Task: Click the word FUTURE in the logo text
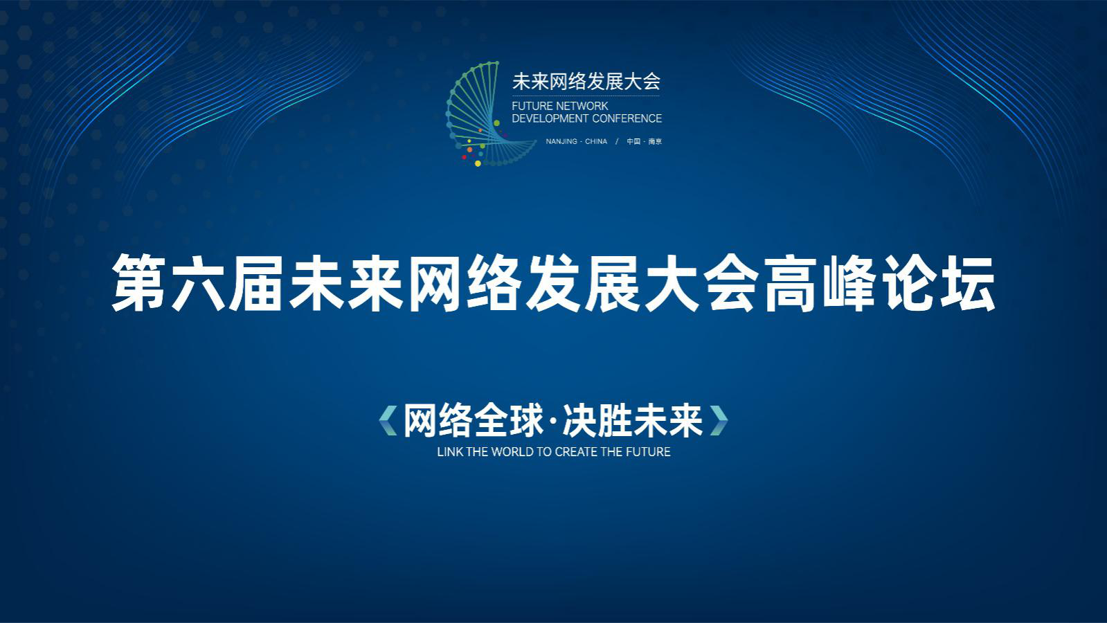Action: [x=528, y=106]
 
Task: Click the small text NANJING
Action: [x=561, y=141]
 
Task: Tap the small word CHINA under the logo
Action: [x=596, y=141]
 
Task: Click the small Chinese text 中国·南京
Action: [x=645, y=141]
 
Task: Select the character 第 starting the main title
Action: [x=139, y=283]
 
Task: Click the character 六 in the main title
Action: [x=198, y=283]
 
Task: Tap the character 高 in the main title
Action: [x=790, y=283]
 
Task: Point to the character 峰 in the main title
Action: [x=849, y=283]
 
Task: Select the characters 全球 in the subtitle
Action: [x=509, y=420]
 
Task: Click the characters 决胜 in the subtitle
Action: [x=597, y=420]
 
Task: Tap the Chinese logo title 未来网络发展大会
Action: [x=586, y=82]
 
